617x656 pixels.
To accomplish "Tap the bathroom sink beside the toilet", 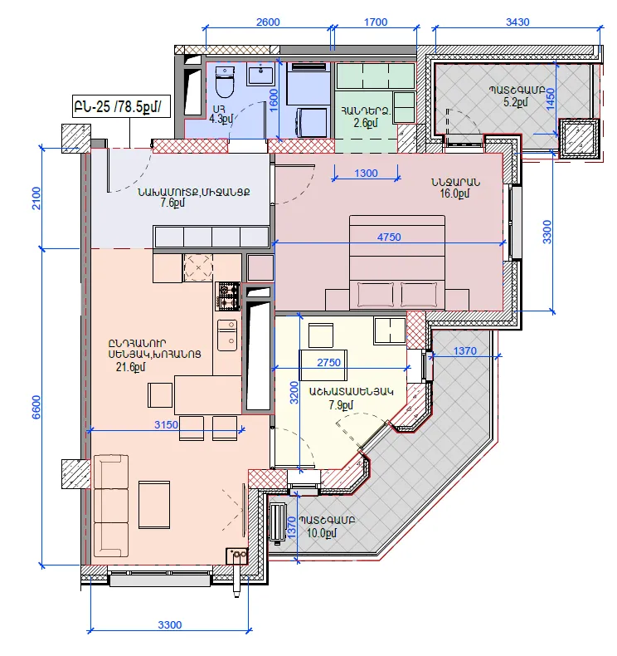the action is point(261,76).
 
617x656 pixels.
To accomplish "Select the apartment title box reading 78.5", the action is point(122,106).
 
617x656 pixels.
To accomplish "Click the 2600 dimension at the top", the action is point(268,22).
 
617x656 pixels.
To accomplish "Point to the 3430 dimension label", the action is point(517,22).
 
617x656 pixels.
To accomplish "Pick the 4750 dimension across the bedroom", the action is point(389,237).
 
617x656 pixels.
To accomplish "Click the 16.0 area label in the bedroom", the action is point(454,193).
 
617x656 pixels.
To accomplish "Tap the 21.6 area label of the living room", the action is point(131,367).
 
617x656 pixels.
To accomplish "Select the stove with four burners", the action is point(228,296).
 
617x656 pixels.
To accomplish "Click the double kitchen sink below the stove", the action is point(227,335).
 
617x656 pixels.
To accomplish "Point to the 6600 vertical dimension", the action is point(36,407).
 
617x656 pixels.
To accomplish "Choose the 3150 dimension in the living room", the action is point(166,424).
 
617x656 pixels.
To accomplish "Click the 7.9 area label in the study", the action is point(341,405).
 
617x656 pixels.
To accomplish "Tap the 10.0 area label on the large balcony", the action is point(322,533).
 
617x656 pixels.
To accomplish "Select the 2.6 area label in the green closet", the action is point(366,123).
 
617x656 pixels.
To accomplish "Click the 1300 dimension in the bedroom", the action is point(366,174).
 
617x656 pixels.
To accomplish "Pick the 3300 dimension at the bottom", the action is point(170,624).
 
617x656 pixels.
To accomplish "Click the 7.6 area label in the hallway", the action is point(172,203).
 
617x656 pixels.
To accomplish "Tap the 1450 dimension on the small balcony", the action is point(551,99).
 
